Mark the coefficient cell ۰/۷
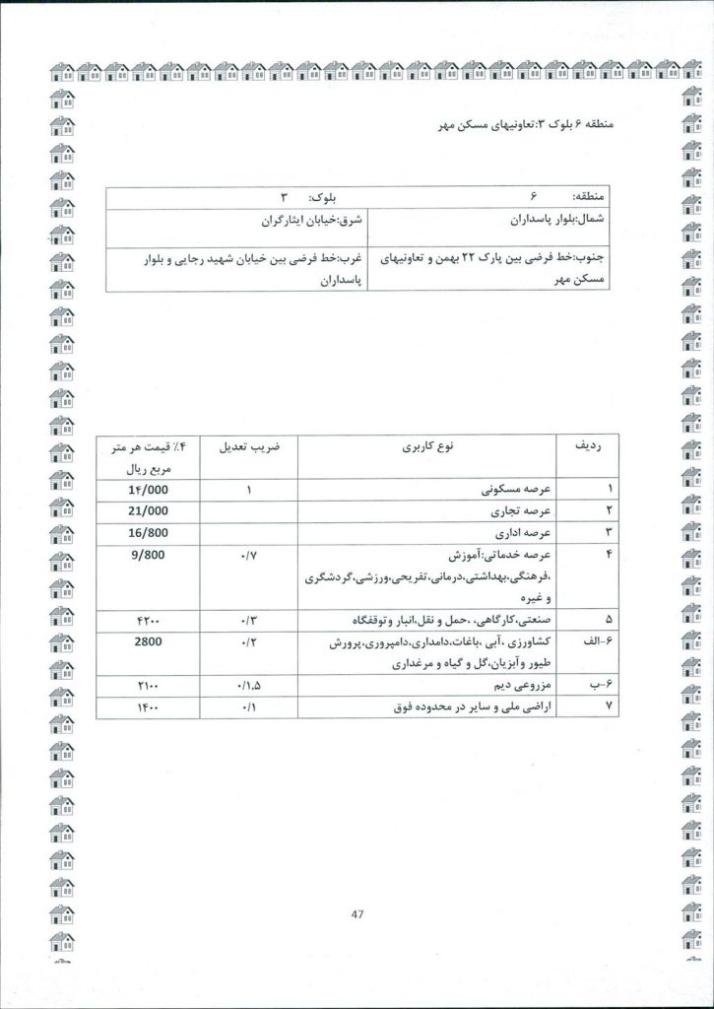point(248,556)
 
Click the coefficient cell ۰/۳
point(248,621)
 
